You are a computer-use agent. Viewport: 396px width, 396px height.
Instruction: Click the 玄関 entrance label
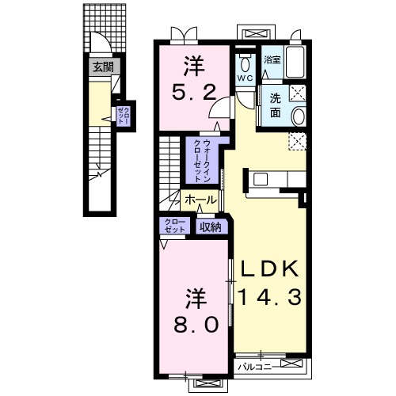click(x=103, y=67)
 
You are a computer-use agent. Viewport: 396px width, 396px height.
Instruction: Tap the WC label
click(x=245, y=78)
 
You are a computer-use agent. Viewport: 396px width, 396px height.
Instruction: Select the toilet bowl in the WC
click(x=245, y=63)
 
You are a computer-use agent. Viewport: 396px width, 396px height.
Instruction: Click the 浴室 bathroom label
click(x=272, y=60)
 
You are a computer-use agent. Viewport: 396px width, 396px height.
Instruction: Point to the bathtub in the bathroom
click(x=295, y=62)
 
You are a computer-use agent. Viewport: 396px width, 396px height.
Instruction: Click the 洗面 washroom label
click(x=275, y=105)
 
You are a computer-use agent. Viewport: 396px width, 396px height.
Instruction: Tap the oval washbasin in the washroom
click(x=298, y=116)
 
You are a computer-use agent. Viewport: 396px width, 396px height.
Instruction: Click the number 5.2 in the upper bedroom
click(x=195, y=93)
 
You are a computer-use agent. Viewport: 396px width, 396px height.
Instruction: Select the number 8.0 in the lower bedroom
click(x=196, y=325)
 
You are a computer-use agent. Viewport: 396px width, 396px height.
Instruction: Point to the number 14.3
click(x=269, y=297)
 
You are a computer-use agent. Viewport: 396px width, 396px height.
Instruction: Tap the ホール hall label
click(x=200, y=200)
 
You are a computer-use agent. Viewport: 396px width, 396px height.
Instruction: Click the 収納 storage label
click(x=210, y=227)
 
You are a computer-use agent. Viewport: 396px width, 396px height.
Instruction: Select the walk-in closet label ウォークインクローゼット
click(x=202, y=161)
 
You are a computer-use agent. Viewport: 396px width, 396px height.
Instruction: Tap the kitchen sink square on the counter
click(x=261, y=180)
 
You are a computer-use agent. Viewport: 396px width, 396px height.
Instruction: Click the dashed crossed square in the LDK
click(x=297, y=142)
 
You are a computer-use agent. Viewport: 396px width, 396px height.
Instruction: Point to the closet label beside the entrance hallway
click(x=124, y=116)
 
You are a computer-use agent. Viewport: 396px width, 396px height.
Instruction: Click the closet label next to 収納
click(x=174, y=225)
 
